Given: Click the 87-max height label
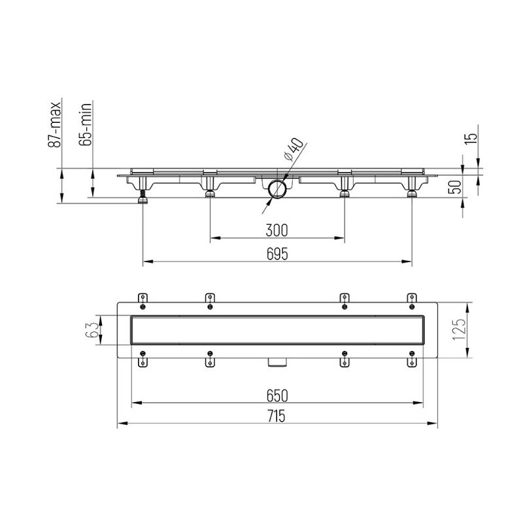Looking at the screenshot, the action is (x=55, y=125).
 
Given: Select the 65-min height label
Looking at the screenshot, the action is (x=85, y=124).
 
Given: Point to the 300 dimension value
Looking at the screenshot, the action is (x=277, y=230).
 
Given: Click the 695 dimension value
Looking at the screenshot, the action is (x=277, y=254).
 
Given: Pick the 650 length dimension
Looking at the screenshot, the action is (x=277, y=396).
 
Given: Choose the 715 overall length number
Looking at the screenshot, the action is (x=277, y=416).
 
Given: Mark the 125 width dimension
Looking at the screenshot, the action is (x=459, y=330).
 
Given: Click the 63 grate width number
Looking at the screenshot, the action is (x=92, y=330).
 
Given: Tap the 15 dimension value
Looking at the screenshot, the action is (x=471, y=139).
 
